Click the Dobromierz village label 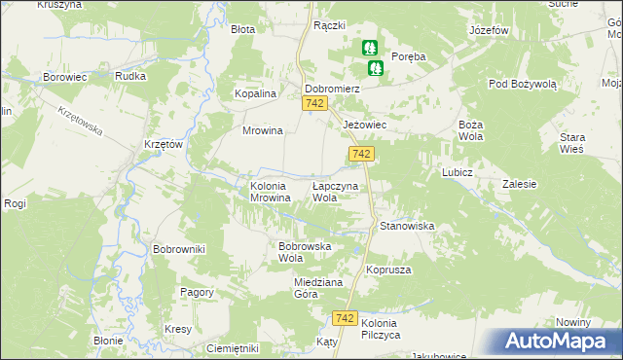coord(333,88)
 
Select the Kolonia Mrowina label coord(269,191)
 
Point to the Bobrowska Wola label coord(306,252)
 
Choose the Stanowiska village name coord(407,226)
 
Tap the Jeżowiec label coord(367,126)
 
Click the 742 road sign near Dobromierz coord(313,103)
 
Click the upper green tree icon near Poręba coord(370,47)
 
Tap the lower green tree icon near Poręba coord(376,68)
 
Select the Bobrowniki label coord(179,249)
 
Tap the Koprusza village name coord(388,269)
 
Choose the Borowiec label coord(67,76)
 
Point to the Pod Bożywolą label coord(523,84)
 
